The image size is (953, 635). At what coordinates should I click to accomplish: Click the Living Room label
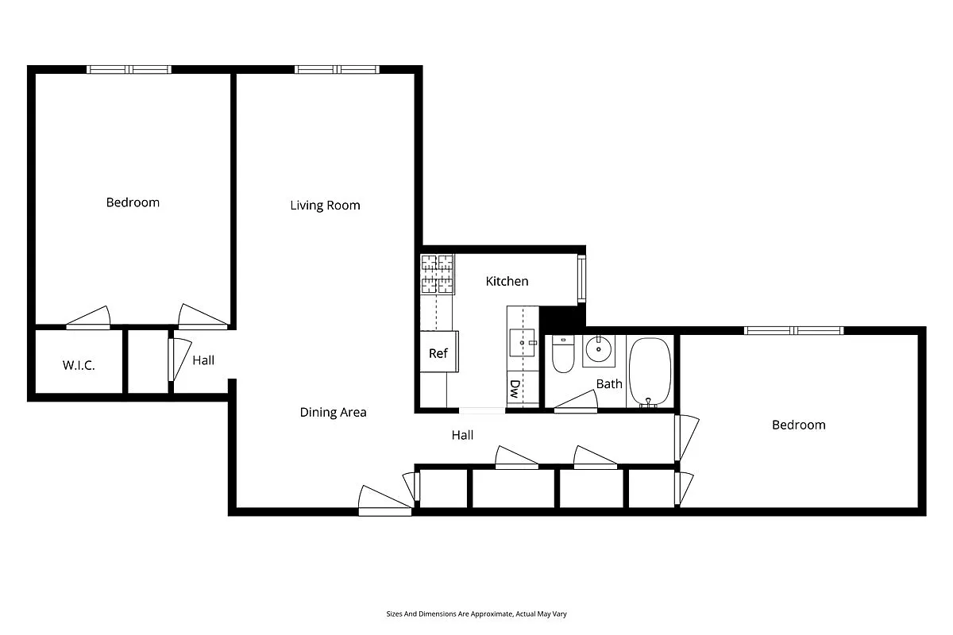point(325,206)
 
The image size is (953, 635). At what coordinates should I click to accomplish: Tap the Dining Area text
point(333,412)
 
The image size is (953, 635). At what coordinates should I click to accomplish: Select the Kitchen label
point(507,281)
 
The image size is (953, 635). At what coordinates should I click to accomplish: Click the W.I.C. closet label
point(79,366)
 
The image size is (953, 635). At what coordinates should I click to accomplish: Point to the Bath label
point(609,384)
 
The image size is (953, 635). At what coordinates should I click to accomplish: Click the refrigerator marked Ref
point(438,353)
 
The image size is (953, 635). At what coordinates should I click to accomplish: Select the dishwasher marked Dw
point(515,389)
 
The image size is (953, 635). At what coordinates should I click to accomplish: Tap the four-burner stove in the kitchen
point(438,274)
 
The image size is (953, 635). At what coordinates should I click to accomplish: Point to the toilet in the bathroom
point(563,354)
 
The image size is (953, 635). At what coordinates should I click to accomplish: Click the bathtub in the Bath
point(650,371)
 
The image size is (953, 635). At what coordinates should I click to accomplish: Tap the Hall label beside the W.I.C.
point(203,360)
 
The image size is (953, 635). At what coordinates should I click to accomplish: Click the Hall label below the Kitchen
point(462,435)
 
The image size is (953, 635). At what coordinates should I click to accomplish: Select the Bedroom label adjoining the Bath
point(798,425)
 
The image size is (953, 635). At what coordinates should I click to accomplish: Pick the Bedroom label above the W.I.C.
point(133,202)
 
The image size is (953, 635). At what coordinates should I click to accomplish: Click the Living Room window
point(337,70)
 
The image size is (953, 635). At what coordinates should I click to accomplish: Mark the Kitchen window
point(581,278)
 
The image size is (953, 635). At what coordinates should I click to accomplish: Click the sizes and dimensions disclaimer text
point(476,614)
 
